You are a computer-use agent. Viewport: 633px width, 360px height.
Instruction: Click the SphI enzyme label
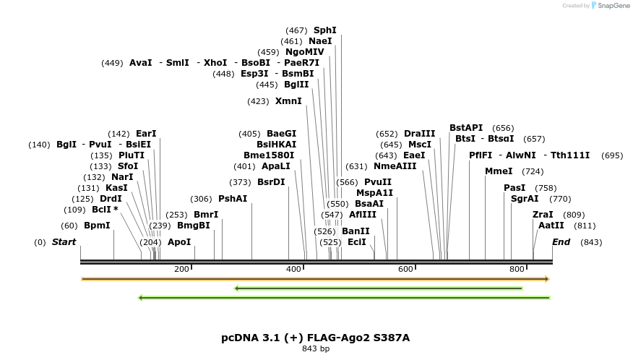coord(324,30)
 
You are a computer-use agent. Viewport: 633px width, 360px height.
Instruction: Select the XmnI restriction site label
coord(288,101)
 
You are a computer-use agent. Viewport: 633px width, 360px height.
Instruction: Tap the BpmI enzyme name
coord(97,226)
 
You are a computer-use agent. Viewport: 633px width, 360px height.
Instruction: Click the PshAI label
coord(233,199)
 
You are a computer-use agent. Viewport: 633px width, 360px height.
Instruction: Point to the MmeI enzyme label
coord(499,171)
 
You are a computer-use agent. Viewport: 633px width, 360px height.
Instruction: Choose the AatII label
coord(551,226)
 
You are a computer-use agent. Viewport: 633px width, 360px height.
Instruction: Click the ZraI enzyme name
coord(543,215)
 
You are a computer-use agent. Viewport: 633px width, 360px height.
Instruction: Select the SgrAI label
coord(525,199)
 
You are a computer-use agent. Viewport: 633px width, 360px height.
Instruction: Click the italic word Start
coord(64,242)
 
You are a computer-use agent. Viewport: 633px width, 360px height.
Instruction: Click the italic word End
coord(561,242)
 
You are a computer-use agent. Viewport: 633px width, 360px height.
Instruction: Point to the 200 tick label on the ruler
coord(181,270)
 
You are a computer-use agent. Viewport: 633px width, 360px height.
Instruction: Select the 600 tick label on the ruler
coord(405,270)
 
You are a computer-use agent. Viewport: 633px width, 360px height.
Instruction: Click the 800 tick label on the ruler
coord(517,270)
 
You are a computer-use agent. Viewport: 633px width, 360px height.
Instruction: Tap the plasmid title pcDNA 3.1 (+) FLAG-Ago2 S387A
coord(315,338)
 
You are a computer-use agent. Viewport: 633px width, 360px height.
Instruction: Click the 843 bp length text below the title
coord(315,349)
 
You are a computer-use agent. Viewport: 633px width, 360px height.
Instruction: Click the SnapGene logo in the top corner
coord(610,6)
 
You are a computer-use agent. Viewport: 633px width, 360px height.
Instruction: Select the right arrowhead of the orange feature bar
coord(547,279)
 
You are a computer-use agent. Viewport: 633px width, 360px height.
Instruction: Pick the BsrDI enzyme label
coord(271,182)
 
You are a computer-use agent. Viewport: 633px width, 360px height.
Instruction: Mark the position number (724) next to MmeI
coord(533,171)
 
